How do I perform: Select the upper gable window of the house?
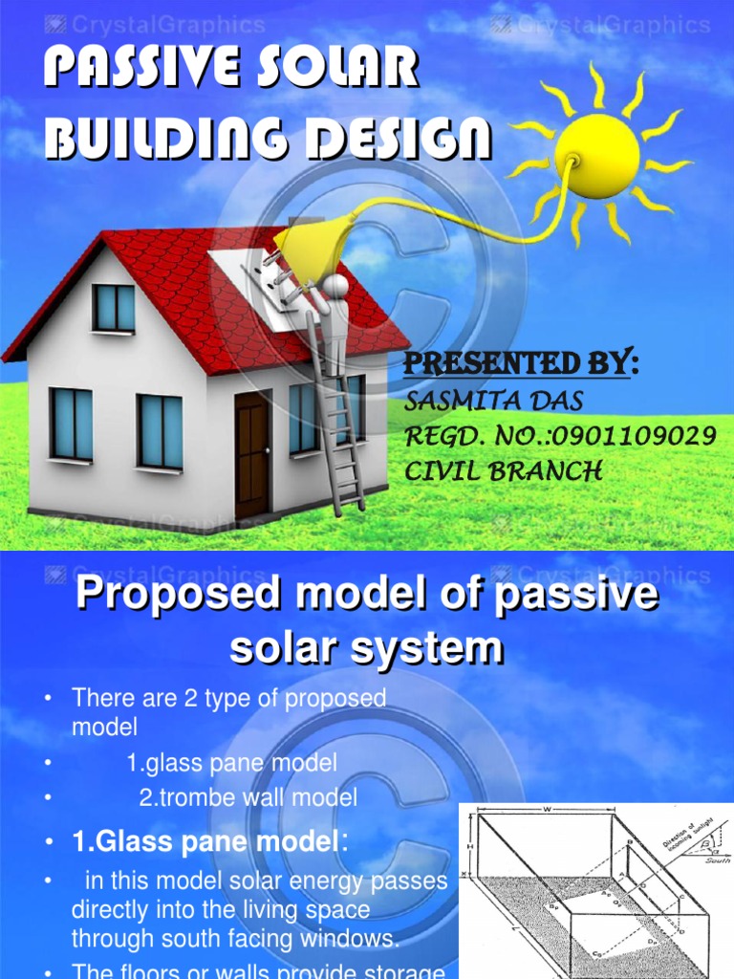click(x=114, y=308)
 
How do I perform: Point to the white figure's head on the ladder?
click(x=335, y=287)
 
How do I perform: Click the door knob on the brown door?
click(x=267, y=449)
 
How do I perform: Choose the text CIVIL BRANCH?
click(x=504, y=470)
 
